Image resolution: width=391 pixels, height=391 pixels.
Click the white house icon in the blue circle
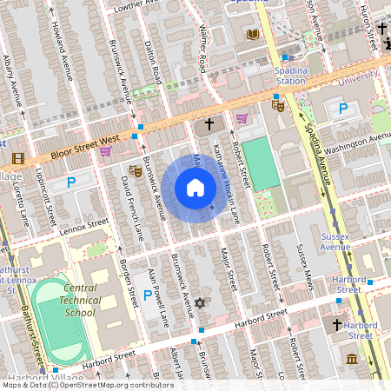[195, 188]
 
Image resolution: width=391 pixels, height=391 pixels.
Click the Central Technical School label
[92, 300]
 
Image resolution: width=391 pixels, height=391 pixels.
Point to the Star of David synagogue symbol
[201, 303]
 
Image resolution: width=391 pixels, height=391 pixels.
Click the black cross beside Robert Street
[209, 125]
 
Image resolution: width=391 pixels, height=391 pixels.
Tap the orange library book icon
[252, 34]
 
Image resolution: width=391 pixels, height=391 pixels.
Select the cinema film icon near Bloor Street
[18, 158]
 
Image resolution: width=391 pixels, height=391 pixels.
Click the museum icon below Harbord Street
[352, 359]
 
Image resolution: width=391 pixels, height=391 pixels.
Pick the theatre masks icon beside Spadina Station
[278, 105]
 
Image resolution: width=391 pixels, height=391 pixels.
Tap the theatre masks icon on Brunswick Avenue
[135, 171]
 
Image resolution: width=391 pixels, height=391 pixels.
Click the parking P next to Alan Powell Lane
[148, 296]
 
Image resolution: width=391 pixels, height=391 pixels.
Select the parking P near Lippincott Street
[71, 182]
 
